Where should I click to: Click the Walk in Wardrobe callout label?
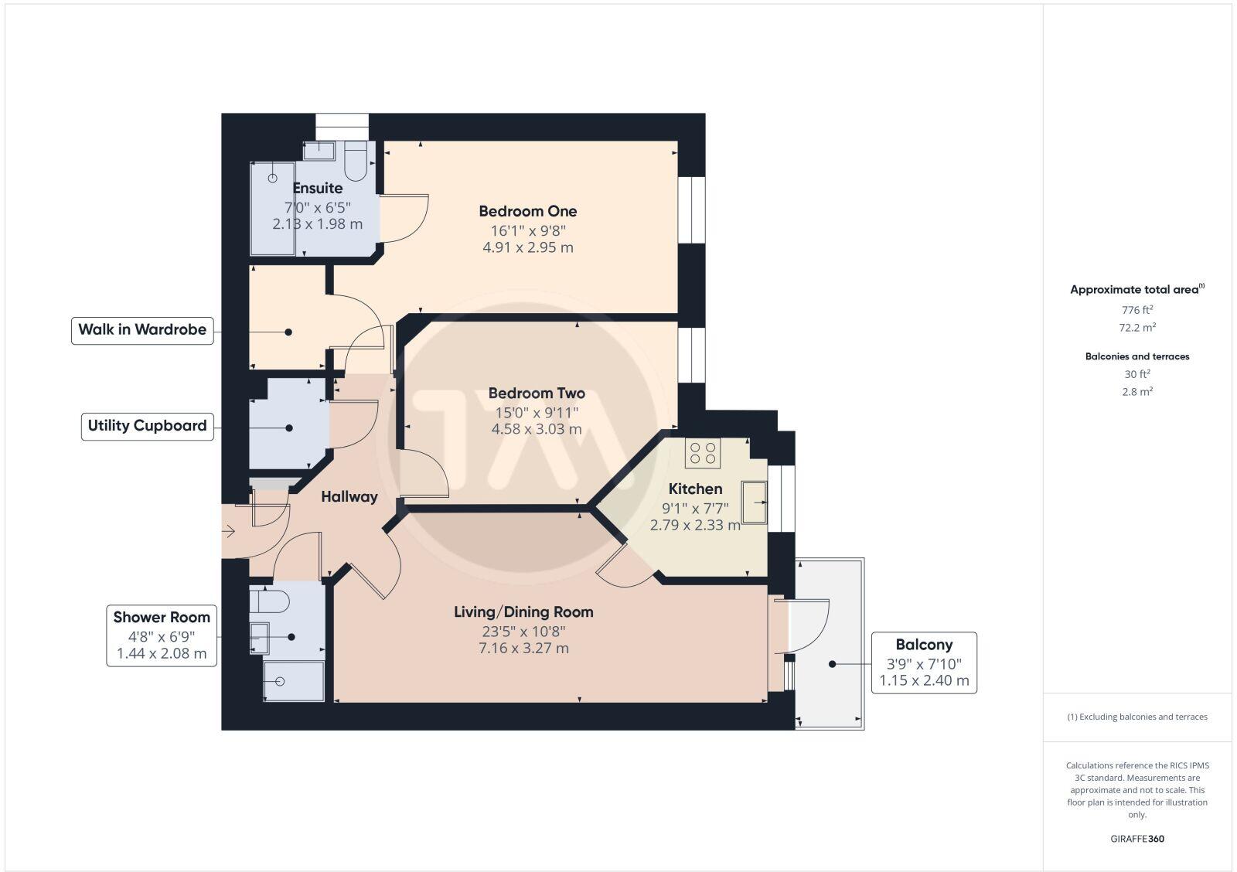point(142,330)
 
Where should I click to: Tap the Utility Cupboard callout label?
point(147,426)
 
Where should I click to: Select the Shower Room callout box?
point(162,635)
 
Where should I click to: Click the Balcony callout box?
point(924,663)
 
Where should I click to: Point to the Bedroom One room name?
point(527,211)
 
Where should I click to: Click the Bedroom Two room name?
point(537,393)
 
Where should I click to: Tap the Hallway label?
point(349,497)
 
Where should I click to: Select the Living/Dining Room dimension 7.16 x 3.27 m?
point(523,649)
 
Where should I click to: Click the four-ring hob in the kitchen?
point(703,452)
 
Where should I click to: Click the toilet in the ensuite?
point(356,161)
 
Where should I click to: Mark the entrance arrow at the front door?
point(229,532)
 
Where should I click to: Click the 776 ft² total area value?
point(1137,310)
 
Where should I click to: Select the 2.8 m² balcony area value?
point(1137,392)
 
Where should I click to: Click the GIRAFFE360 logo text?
point(1137,839)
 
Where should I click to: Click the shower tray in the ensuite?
point(272,209)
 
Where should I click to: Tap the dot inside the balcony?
point(833,664)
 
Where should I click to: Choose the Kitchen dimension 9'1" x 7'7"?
point(695,509)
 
